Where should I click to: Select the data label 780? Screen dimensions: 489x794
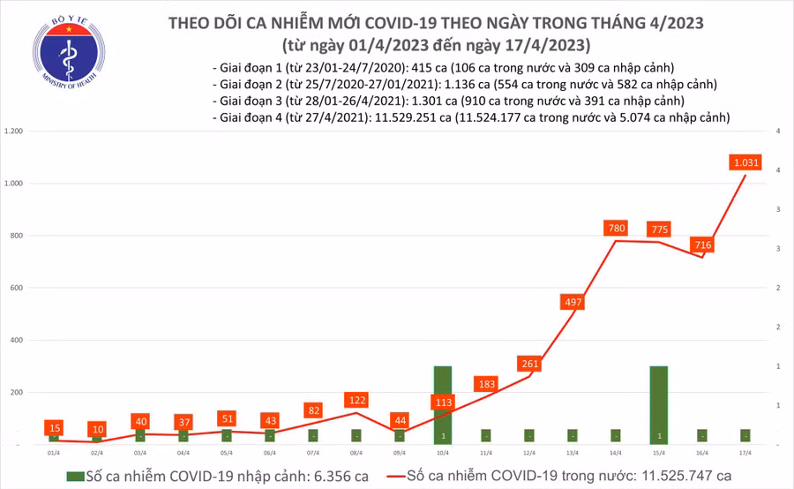tap(617, 229)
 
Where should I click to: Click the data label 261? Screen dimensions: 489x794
tap(529, 364)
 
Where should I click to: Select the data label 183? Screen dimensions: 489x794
tap(487, 384)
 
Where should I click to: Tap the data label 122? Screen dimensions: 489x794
tap(357, 400)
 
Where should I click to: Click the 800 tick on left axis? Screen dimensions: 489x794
tap(17, 236)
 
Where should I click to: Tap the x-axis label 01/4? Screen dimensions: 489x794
tap(54, 450)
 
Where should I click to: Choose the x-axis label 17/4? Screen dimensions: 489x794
tap(745, 450)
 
